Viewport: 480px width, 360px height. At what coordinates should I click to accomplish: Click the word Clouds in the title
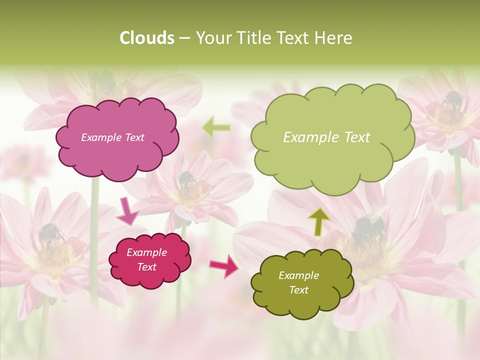(x=147, y=38)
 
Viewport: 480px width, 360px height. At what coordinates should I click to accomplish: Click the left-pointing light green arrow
(x=216, y=127)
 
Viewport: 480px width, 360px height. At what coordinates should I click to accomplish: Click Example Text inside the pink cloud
(x=112, y=137)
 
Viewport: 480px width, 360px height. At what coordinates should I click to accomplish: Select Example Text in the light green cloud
(x=326, y=137)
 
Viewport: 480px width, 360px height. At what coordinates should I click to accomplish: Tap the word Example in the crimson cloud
(x=146, y=252)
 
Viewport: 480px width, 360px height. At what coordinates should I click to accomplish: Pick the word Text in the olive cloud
(x=298, y=290)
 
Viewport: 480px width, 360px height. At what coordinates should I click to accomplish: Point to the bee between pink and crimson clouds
(x=186, y=178)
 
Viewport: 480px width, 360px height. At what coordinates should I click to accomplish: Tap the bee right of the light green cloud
(x=451, y=99)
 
